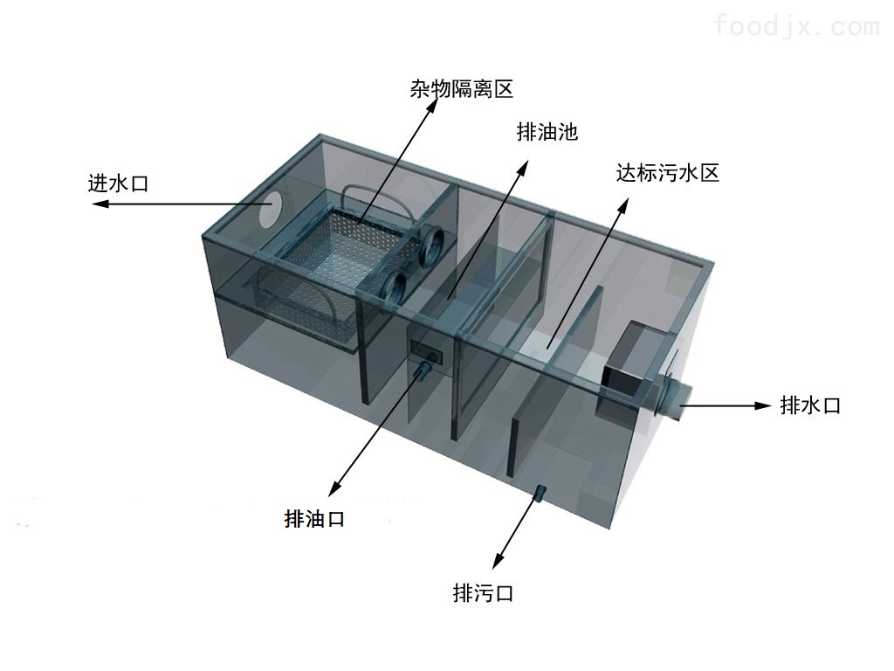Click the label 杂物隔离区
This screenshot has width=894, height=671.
point(460,88)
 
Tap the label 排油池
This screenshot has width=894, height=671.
point(547,132)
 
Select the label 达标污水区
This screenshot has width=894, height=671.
point(667,172)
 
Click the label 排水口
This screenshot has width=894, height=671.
point(809,405)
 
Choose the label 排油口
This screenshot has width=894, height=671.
point(314,519)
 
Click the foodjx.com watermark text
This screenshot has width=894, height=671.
point(796,26)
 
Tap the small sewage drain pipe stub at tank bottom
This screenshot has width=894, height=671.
point(540,495)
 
